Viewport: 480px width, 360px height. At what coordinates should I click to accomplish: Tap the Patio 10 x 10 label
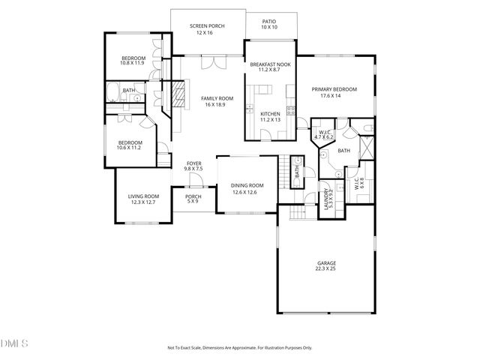coord(269,25)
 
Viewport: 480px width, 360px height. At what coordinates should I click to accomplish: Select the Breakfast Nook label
coord(270,67)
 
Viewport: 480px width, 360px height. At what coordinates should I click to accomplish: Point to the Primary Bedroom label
coord(334,92)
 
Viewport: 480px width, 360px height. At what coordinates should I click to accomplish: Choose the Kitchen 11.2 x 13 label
coord(270,117)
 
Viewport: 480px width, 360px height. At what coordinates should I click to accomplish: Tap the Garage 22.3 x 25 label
coord(325,265)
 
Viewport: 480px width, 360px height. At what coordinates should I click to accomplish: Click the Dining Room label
coord(247,189)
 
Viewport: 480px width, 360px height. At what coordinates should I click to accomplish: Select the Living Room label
coord(142,199)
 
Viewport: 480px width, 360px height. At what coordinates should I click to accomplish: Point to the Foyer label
coord(194,166)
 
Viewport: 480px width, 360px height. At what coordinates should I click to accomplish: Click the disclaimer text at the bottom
coord(239,347)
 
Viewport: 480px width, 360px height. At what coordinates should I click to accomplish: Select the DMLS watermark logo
coord(15,343)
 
